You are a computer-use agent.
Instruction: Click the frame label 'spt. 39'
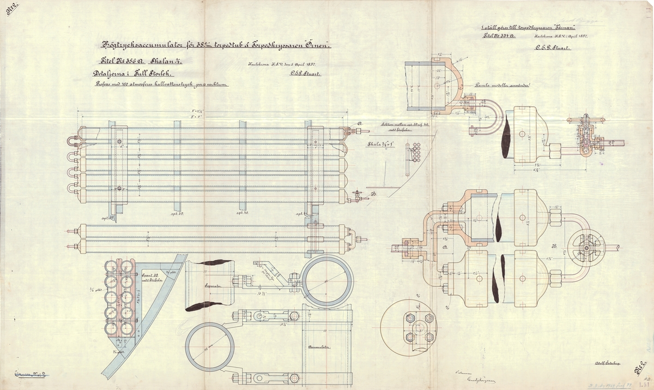click(x=178, y=214)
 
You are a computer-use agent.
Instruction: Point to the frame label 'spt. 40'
click(x=243, y=214)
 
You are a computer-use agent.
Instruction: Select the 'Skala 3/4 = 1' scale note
click(x=378, y=145)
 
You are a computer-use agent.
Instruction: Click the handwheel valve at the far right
click(x=586, y=247)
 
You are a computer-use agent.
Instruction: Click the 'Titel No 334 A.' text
click(x=498, y=35)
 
